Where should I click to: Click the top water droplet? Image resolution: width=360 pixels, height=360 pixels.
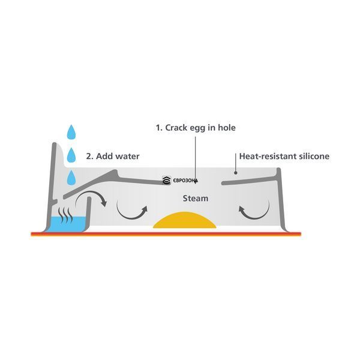tap(71, 133)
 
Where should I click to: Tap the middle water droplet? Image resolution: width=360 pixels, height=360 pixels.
tap(71, 155)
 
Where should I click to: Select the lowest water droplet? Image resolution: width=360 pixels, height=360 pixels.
tap(71, 178)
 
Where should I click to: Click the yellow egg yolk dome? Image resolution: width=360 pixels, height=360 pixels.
tap(185, 220)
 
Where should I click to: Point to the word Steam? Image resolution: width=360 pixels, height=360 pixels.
tap(196, 199)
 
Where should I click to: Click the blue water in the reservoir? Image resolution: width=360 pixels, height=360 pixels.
tap(67, 224)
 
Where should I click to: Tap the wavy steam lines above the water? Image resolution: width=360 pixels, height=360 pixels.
tap(65, 215)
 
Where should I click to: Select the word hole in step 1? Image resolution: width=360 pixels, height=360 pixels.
tap(227, 127)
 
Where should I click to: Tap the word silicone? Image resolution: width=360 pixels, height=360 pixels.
tap(314, 157)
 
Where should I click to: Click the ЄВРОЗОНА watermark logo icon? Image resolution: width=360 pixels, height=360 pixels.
tap(166, 181)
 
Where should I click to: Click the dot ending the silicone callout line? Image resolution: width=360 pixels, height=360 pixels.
tap(236, 173)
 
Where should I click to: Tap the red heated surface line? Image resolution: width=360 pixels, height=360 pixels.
tap(166, 234)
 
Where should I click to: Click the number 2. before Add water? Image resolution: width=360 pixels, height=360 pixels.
tap(89, 157)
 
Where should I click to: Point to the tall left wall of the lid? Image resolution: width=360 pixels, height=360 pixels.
tap(52, 186)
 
